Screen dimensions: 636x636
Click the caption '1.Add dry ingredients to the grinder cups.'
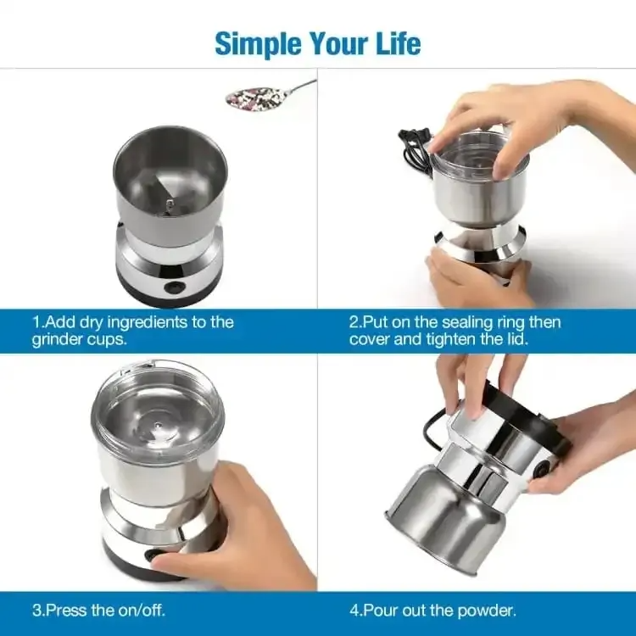pyautogui.click(x=132, y=330)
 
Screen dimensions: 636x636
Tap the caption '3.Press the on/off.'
pyautogui.click(x=98, y=610)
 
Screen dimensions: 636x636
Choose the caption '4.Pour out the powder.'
pyautogui.click(x=432, y=610)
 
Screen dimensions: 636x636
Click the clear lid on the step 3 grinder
pyautogui.click(x=158, y=411)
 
